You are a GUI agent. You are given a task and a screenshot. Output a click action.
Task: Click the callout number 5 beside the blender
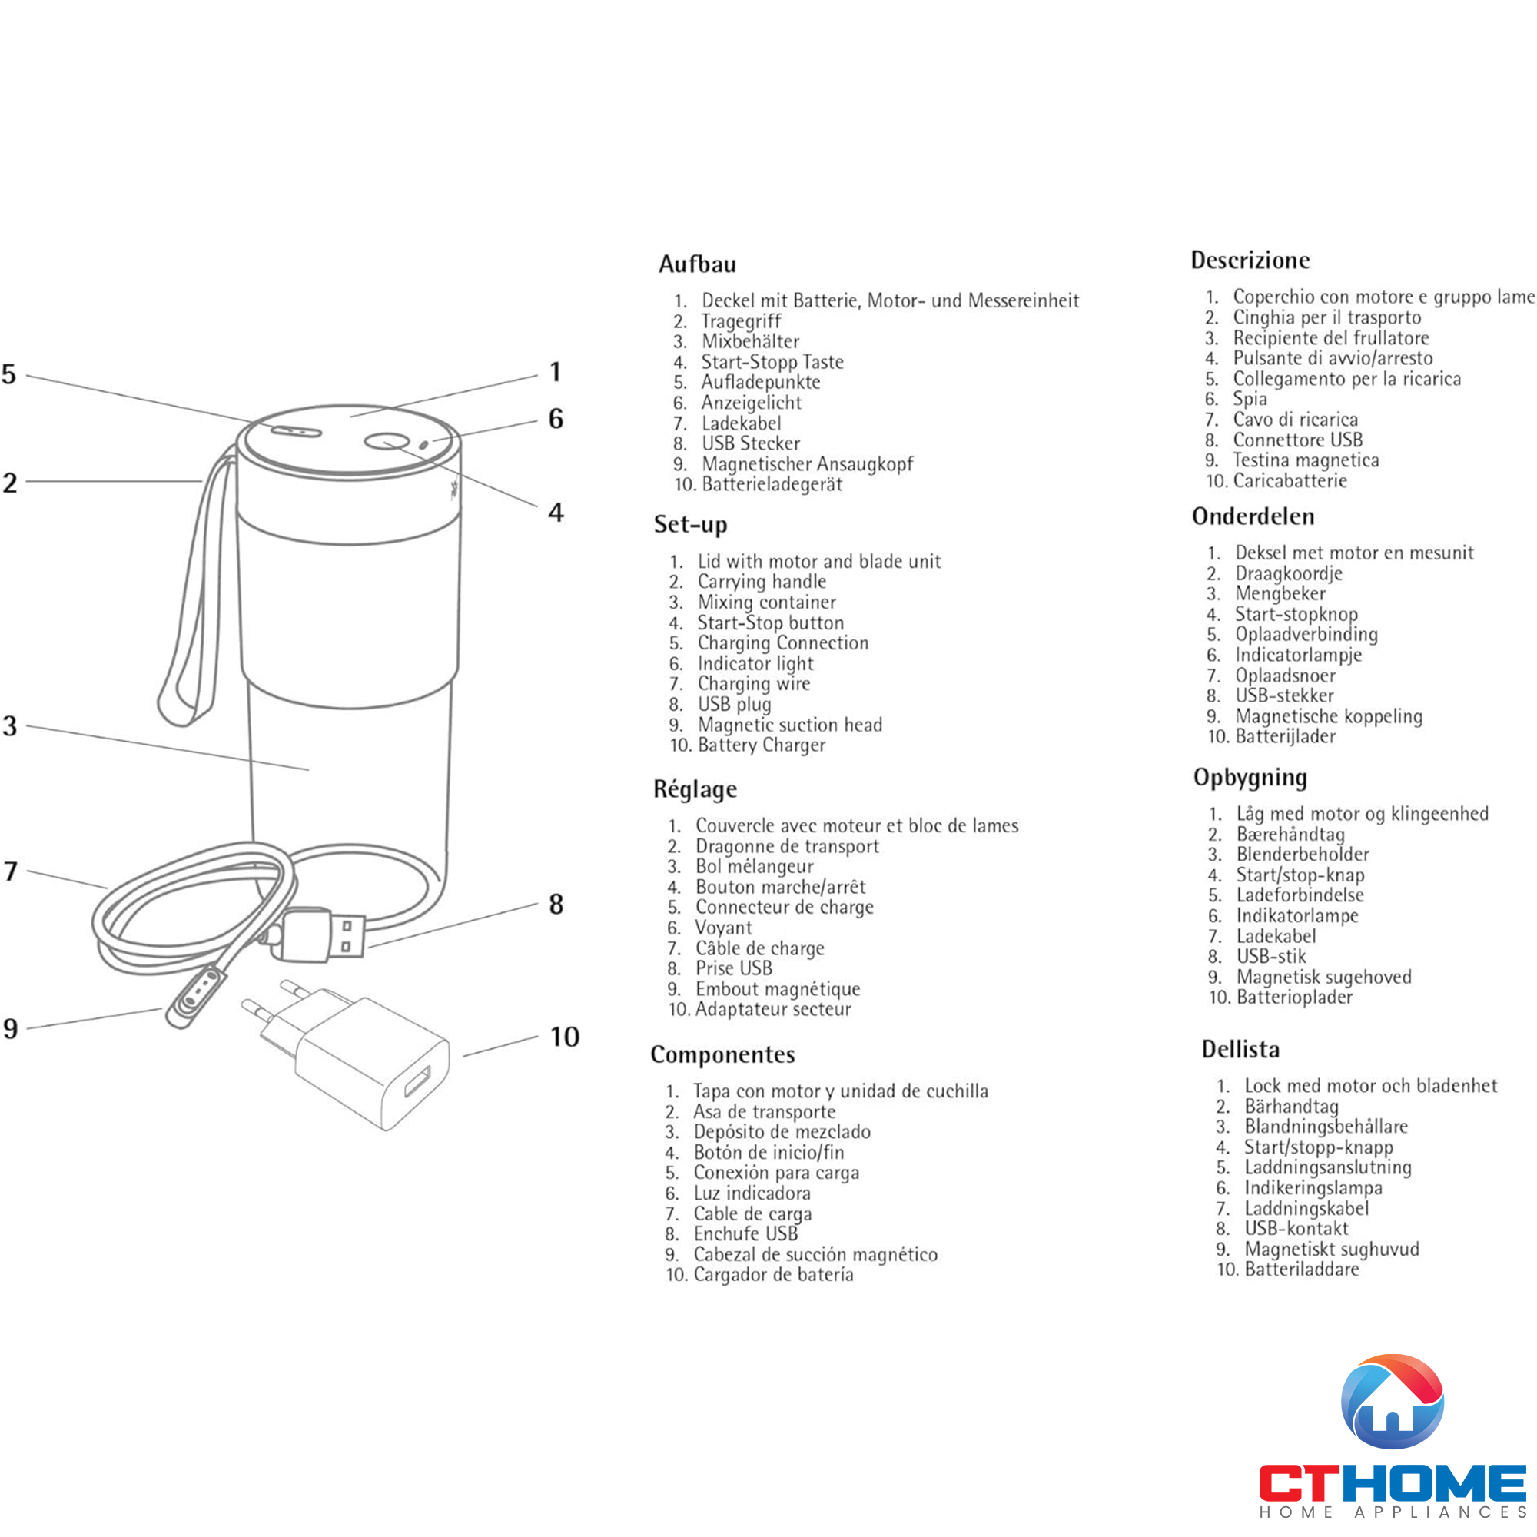[x=8, y=374]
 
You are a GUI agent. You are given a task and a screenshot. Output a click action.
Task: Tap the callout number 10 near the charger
[x=565, y=1037]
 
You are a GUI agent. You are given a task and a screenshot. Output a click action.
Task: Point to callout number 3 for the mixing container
[x=9, y=725]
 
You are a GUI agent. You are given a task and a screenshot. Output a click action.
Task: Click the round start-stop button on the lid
[x=387, y=442]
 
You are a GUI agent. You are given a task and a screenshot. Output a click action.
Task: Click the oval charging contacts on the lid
[x=295, y=431]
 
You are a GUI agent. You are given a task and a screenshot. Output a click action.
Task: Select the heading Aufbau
[x=697, y=264]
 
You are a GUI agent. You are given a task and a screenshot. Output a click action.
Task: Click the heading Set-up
[x=691, y=525]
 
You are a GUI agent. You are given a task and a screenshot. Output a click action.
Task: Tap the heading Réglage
[x=695, y=789]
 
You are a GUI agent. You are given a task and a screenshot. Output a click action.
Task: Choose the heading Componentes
[x=722, y=1054]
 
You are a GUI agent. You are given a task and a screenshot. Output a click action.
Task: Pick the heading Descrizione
[x=1250, y=261]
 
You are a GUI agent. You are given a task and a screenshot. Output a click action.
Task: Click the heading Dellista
[x=1241, y=1049]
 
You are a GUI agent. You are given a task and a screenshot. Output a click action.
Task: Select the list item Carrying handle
[x=762, y=583]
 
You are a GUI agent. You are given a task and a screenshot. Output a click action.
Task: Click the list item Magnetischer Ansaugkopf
[x=808, y=464]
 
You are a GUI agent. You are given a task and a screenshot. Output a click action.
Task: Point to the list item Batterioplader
[x=1294, y=997]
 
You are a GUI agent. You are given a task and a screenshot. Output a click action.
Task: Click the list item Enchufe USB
[x=745, y=1234]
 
